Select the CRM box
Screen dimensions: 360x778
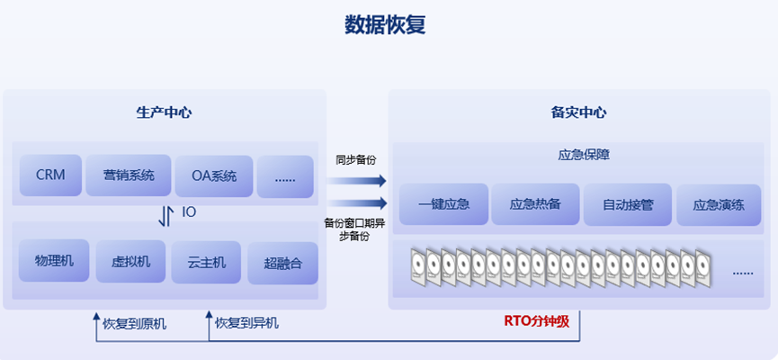point(50,175)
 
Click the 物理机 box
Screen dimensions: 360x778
point(54,261)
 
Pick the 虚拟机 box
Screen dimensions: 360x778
point(130,262)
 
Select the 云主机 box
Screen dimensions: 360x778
point(206,262)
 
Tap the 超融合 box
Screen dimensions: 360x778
point(282,263)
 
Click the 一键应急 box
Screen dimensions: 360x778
point(444,204)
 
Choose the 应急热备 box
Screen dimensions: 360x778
point(535,204)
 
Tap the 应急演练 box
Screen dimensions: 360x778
point(719,204)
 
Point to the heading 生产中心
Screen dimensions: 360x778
point(164,112)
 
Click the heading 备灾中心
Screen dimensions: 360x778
point(578,112)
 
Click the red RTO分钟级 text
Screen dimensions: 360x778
point(537,320)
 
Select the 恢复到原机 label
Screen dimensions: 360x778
point(134,322)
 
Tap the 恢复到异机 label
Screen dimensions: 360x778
point(246,322)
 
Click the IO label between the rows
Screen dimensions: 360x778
point(189,212)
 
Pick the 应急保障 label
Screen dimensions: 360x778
point(578,154)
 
